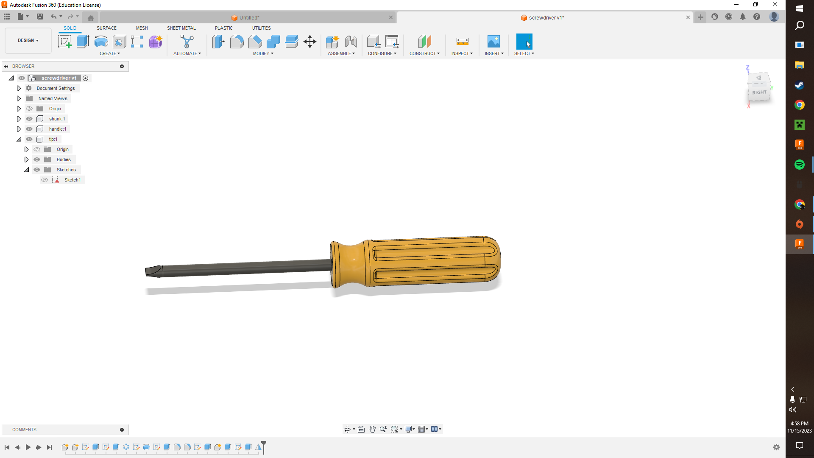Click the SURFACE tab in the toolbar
[x=106, y=28]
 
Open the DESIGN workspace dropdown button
[x=28, y=40]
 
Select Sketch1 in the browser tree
[x=72, y=180]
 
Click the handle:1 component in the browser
[x=57, y=129]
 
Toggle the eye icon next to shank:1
[x=29, y=119]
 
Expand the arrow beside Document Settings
[x=19, y=88]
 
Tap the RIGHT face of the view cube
[x=759, y=92]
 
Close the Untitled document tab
[x=390, y=17]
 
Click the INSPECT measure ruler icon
[x=462, y=42]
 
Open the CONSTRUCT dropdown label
[x=424, y=53]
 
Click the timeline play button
[x=28, y=447]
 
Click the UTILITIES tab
[x=261, y=28]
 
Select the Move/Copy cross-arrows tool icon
[x=310, y=42]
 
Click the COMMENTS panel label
[x=24, y=430]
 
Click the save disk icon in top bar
[x=40, y=17]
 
